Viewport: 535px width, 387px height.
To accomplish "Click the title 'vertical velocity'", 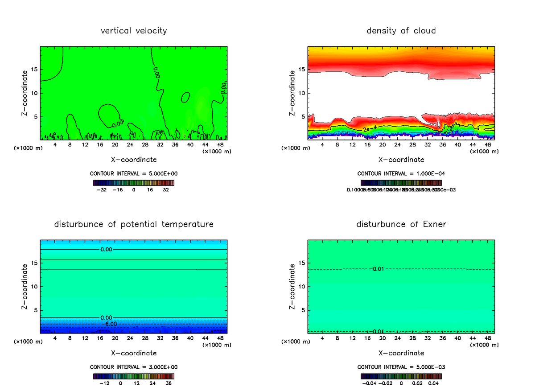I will tap(134, 31).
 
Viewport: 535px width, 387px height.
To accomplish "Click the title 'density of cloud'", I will tap(401, 31).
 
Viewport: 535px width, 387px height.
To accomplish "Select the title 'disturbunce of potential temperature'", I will tap(134, 224).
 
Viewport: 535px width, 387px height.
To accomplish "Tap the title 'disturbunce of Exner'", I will tap(401, 224).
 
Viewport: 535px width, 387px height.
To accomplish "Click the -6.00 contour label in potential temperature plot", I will tap(109, 323).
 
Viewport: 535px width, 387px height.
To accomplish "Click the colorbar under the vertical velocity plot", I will tap(134, 183).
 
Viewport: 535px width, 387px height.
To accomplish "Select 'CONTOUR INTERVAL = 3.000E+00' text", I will tap(134, 367).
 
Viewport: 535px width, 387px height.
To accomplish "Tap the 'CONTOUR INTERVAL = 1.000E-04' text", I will tap(401, 173).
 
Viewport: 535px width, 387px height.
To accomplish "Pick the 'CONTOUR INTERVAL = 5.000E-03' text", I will tap(401, 367).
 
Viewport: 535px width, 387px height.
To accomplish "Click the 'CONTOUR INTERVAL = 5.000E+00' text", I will tap(134, 173).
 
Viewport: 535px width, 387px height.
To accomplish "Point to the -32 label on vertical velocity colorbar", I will tap(102, 189).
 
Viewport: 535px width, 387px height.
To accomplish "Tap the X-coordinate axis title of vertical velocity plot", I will tap(134, 159).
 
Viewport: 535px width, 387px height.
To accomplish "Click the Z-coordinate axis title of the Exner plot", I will tap(292, 286).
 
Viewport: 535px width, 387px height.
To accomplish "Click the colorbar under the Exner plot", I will tap(401, 376).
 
